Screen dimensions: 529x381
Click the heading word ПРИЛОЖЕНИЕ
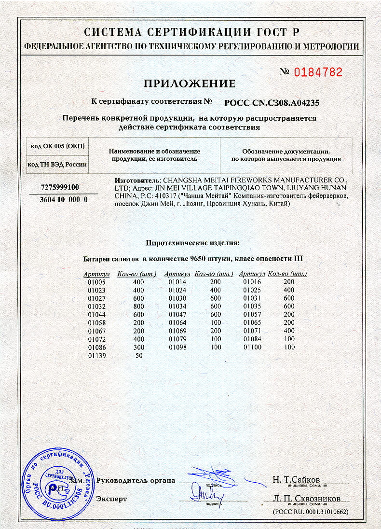pos(190,84)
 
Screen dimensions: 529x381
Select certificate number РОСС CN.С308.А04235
pos(272,102)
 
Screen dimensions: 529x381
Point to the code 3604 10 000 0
pos(63,199)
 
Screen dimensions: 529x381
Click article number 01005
pos(94,282)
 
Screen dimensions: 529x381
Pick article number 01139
pos(94,356)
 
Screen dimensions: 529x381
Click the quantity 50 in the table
pos(138,356)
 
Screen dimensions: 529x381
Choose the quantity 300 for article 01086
pos(138,348)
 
